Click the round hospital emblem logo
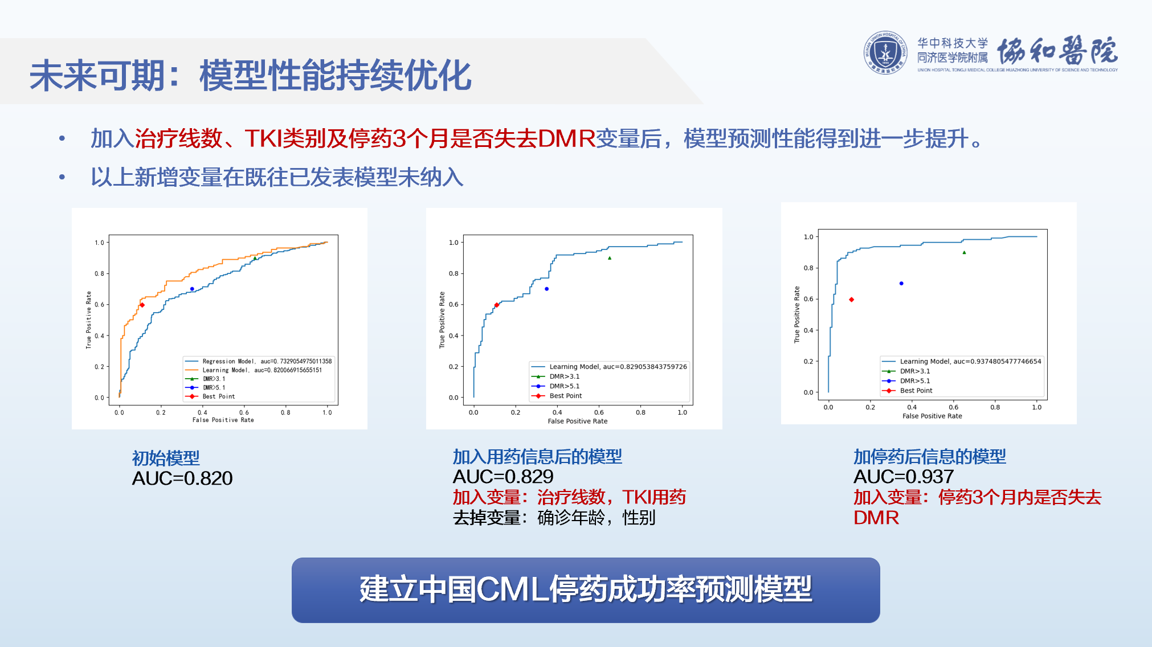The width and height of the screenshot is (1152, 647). tap(885, 52)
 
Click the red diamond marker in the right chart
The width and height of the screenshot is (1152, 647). tap(851, 300)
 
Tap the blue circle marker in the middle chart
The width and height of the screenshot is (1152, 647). tap(546, 289)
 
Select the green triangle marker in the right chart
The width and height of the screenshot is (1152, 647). tap(964, 252)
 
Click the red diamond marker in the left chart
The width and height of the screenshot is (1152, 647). tap(142, 305)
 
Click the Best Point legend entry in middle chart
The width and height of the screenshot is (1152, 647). tap(565, 396)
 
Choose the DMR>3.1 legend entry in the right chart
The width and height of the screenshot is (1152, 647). tap(914, 371)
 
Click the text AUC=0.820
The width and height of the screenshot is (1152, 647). tap(182, 478)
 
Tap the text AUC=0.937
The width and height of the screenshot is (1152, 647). tap(904, 477)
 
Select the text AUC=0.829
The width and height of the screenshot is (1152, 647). tap(503, 477)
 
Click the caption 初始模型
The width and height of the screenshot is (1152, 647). tap(166, 458)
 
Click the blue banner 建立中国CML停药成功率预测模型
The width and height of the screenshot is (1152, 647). tap(586, 589)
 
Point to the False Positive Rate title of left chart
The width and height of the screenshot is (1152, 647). tap(223, 420)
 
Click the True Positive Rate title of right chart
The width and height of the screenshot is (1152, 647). tap(796, 314)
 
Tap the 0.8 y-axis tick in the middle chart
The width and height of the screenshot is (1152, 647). tap(454, 273)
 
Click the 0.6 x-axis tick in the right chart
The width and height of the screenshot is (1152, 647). tap(953, 407)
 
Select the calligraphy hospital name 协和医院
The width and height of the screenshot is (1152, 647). tap(1057, 51)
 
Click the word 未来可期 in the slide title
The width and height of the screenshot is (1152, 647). tap(97, 76)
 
